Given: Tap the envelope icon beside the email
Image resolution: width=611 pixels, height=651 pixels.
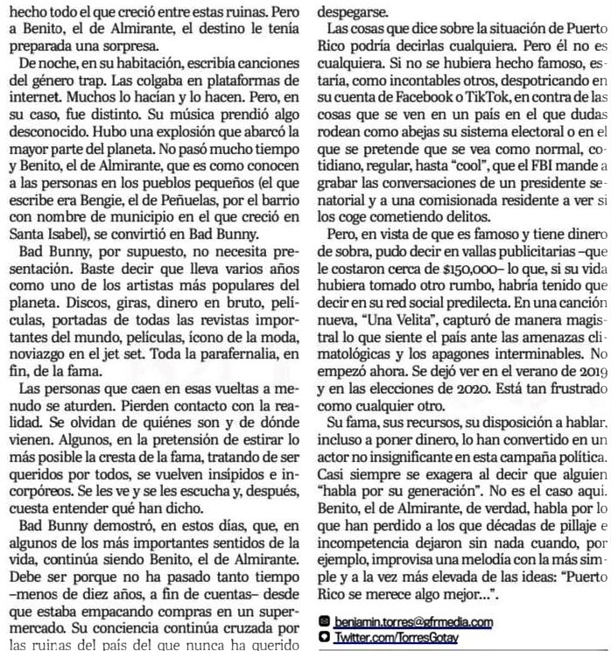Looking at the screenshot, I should pyautogui.click(x=325, y=598).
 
